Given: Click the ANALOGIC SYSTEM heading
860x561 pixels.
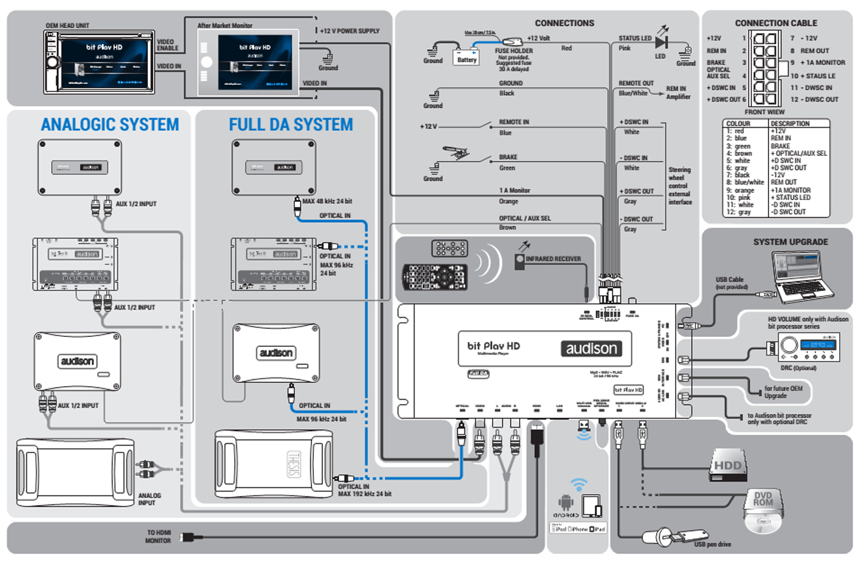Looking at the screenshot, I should coord(110,125).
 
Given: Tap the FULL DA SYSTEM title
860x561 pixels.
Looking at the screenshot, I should coord(291,125).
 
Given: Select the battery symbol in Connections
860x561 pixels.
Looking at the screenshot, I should coord(466,58).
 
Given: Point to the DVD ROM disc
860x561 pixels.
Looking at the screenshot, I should coord(763,509).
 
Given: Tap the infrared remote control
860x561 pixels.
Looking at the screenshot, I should coord(434,277).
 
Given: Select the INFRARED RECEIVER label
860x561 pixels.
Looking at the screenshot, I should coord(553,259).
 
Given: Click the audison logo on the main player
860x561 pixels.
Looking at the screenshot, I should coord(591,349).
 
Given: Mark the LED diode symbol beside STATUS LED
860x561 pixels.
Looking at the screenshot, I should coord(661,42).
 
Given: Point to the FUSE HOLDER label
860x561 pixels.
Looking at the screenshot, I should coord(514,51).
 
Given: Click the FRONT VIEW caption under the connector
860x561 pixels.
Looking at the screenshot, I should coord(764,112).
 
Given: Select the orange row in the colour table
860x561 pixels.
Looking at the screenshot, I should coord(776,190).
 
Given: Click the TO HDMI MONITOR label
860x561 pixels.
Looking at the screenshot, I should coord(158,537).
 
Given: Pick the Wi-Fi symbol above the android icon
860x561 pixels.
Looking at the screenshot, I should coord(579,485).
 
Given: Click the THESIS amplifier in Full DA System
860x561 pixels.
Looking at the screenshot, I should coord(274,464).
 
